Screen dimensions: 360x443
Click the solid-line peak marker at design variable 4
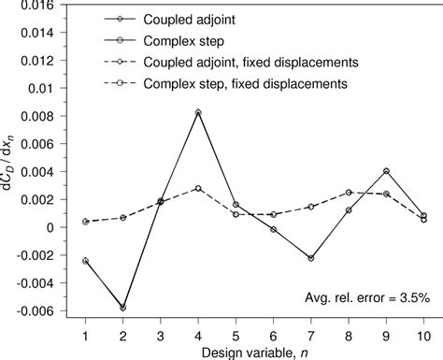click(x=198, y=112)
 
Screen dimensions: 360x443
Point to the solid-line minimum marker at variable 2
click(x=122, y=307)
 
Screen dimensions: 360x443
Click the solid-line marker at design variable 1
click(x=85, y=261)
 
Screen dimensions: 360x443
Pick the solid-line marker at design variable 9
click(x=386, y=171)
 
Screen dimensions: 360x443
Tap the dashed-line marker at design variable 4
click(x=198, y=188)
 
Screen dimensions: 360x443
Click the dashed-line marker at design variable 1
click(x=85, y=222)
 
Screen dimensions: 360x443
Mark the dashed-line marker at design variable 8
click(x=349, y=193)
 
